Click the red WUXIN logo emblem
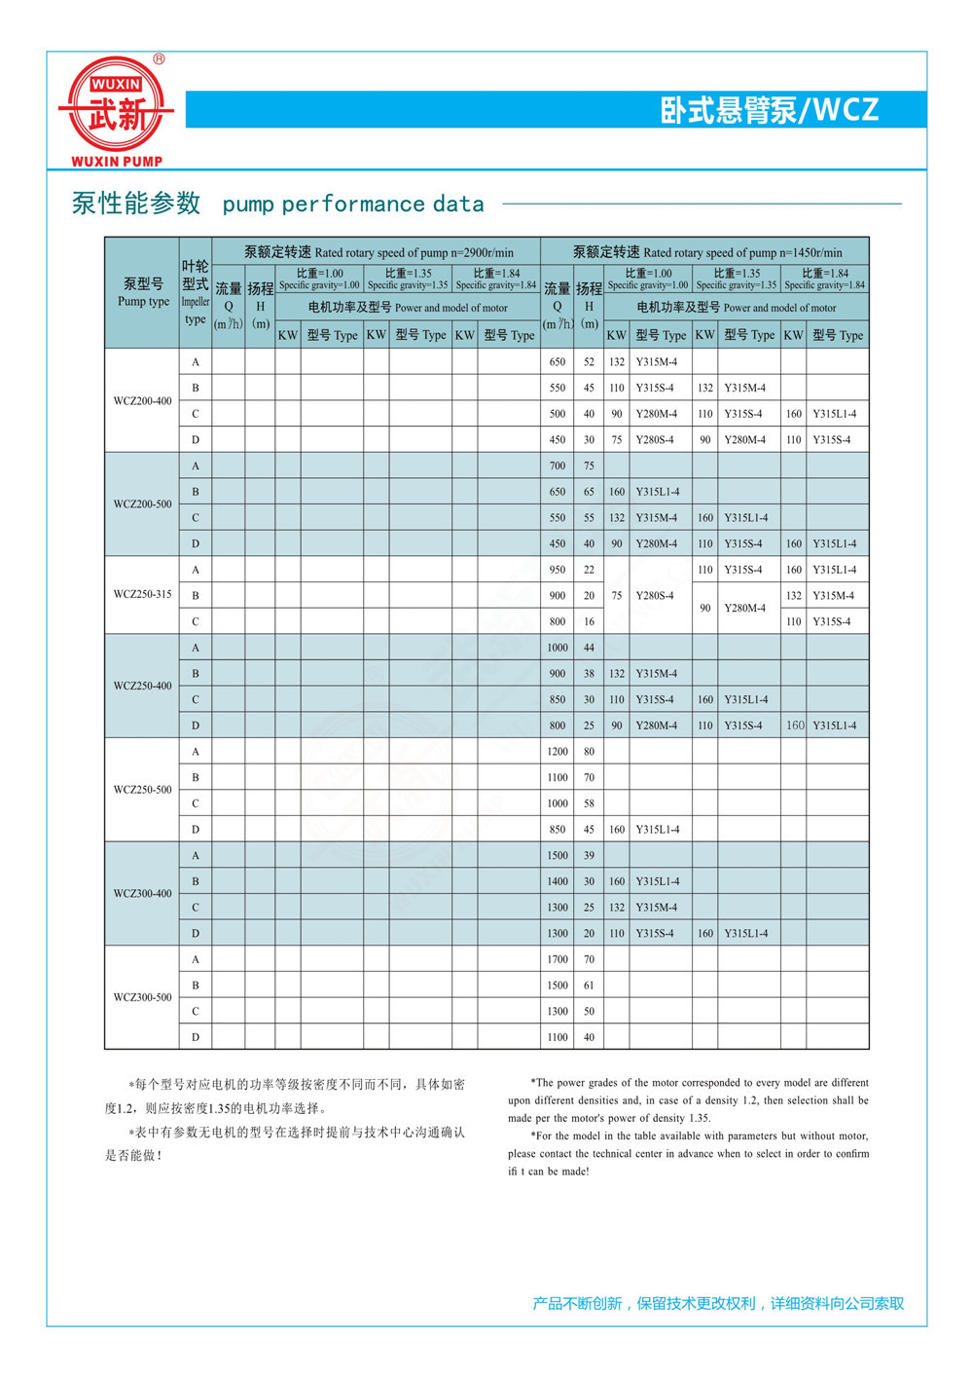coord(116,104)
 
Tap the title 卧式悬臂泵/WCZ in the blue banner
coord(769,110)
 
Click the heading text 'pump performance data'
coord(353,205)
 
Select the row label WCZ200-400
coord(142,400)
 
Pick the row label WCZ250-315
coord(142,594)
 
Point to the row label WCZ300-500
coord(142,997)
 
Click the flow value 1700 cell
coord(557,959)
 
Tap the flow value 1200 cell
coord(557,752)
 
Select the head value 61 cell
coord(589,986)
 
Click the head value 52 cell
coord(589,362)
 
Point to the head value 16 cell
coord(589,621)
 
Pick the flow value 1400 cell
coord(557,881)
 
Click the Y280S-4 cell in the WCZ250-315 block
coord(656,595)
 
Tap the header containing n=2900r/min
coord(378,252)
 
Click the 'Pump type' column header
coord(143,292)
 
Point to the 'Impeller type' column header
coord(196,292)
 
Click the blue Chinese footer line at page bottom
coord(718,1303)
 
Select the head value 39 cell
coord(589,855)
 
